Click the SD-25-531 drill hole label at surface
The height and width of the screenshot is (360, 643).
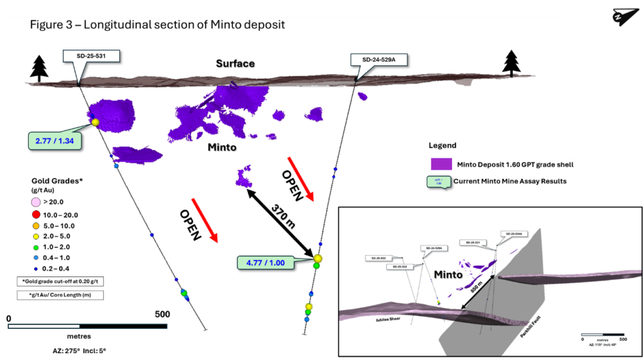[x=92, y=57]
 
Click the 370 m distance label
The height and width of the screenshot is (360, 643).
[x=281, y=217]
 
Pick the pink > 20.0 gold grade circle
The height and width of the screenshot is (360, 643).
[x=36, y=202]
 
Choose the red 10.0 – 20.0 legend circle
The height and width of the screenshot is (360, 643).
[x=36, y=214]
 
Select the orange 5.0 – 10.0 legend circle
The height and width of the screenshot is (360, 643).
[x=36, y=226]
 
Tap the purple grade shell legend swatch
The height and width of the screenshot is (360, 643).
[x=446, y=165]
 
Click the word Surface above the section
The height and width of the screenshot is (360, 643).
[x=235, y=63]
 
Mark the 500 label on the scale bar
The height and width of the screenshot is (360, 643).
[x=162, y=314]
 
